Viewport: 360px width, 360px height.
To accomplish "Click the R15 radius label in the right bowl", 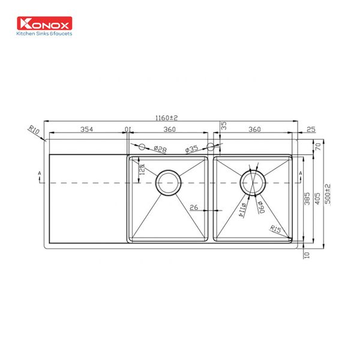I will (275, 229).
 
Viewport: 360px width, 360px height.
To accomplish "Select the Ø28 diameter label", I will (160, 148).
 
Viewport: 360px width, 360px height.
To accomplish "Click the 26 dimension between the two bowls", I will (194, 208).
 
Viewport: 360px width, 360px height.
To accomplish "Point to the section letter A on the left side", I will (39, 173).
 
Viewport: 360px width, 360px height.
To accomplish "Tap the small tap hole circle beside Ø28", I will (142, 146).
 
